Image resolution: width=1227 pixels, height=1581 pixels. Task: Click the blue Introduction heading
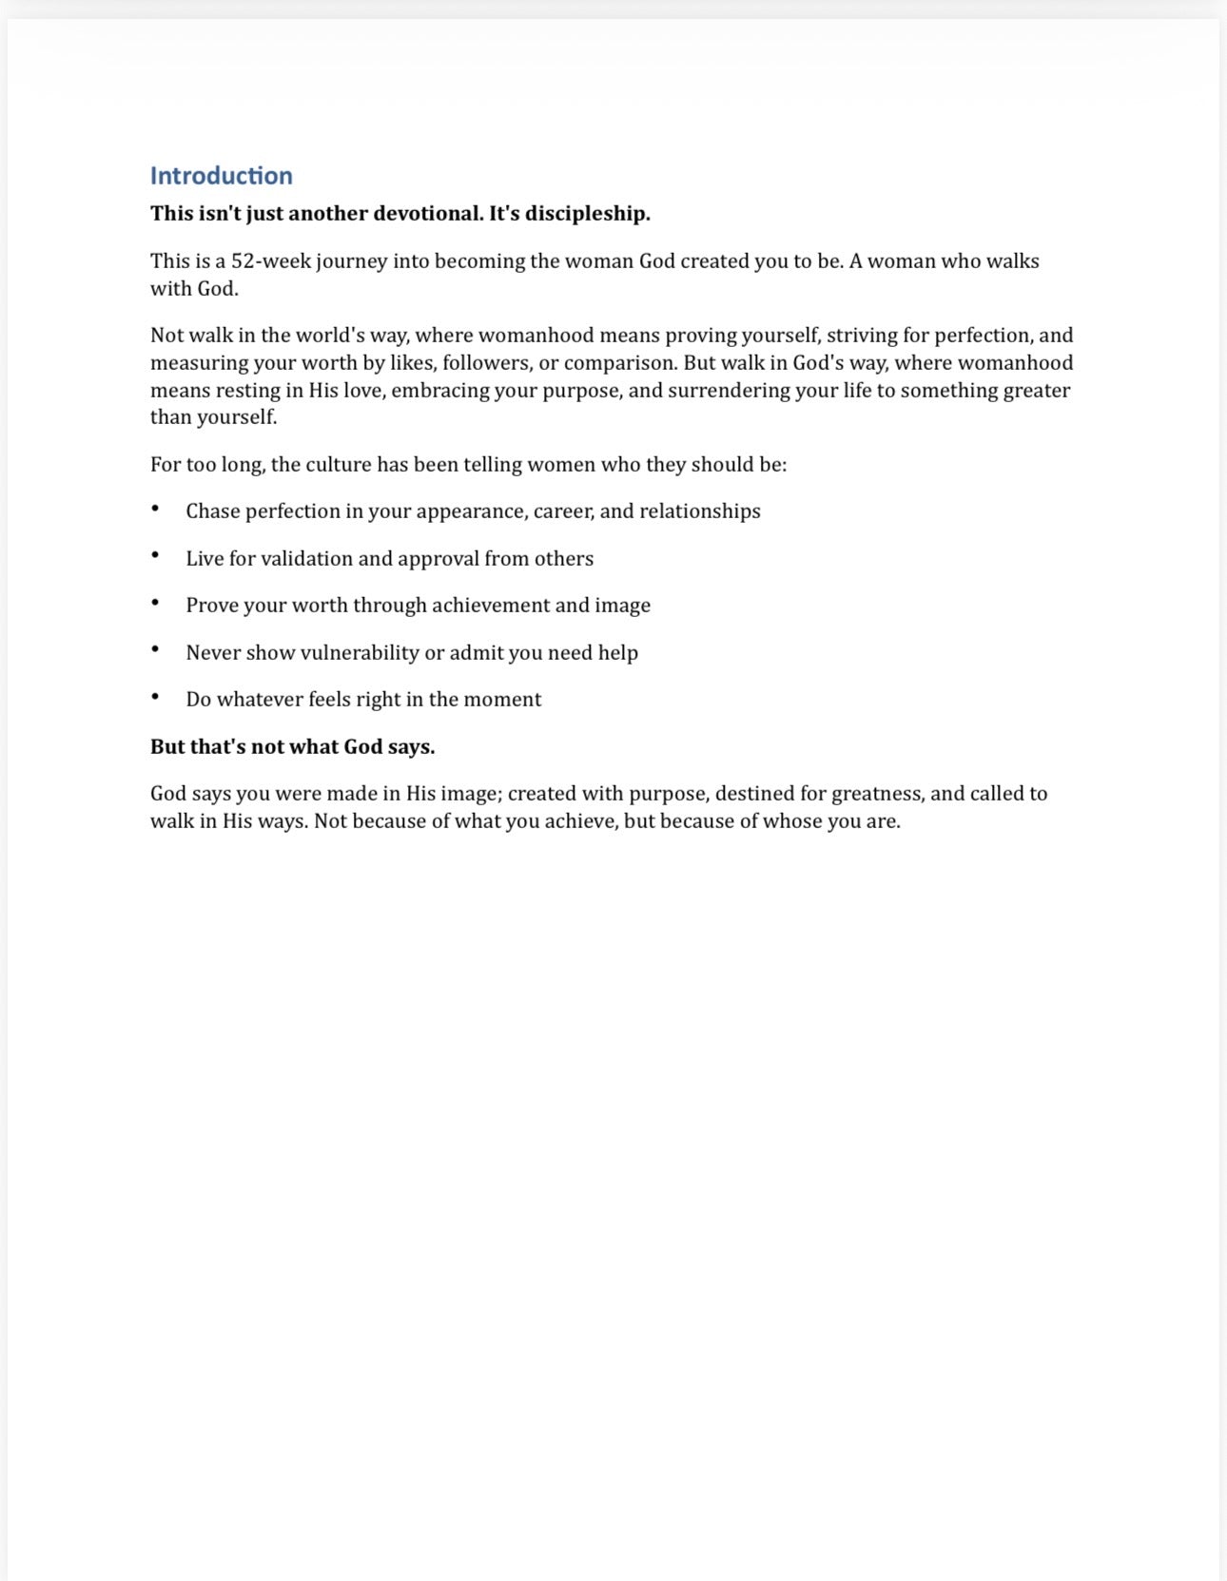(221, 176)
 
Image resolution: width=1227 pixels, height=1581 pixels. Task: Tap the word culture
(339, 465)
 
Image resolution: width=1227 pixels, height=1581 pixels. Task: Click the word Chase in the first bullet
(213, 511)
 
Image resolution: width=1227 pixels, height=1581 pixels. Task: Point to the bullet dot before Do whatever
(155, 697)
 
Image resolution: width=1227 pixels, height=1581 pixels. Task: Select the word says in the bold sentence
(411, 747)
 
